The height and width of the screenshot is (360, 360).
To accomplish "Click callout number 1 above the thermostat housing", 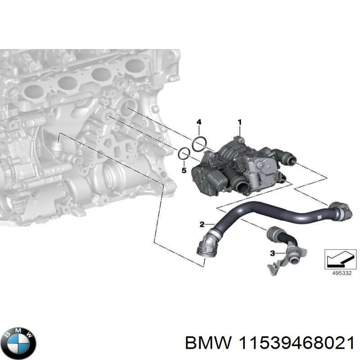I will [240, 122].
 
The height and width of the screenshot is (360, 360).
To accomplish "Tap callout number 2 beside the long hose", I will [202, 224].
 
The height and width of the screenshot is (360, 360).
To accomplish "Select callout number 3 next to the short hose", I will [272, 254].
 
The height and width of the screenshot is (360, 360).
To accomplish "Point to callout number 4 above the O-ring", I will [198, 122].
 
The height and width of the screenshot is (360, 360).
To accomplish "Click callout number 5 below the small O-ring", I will [183, 170].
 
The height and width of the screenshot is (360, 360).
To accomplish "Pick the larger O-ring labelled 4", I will [199, 144].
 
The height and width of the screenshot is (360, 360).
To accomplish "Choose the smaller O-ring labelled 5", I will [184, 154].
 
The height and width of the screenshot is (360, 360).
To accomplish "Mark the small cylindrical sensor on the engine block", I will [56, 146].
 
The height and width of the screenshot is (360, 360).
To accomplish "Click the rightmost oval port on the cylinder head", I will [135, 66].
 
